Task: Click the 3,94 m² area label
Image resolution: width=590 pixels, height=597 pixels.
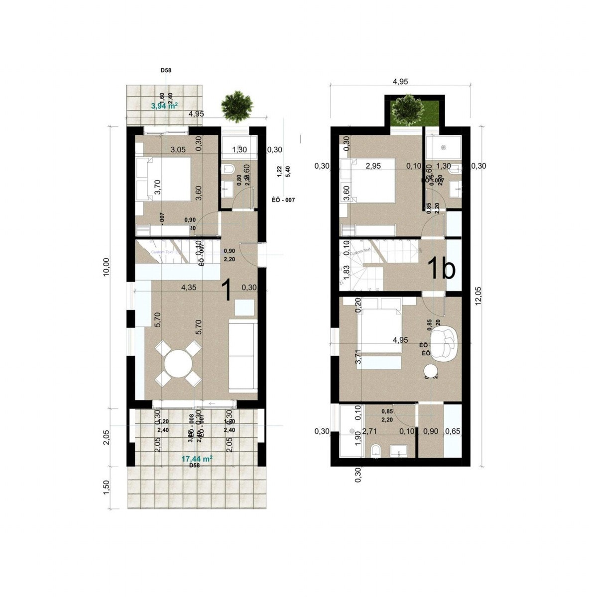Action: [x=164, y=105]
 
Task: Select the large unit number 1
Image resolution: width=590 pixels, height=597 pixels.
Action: [x=226, y=291]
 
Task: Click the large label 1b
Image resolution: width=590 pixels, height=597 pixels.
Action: [x=441, y=269]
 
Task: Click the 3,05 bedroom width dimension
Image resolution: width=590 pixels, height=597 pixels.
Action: [x=179, y=149]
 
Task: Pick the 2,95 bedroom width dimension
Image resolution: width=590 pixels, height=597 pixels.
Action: [x=374, y=166]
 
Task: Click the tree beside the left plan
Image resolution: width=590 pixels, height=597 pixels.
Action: [x=236, y=105]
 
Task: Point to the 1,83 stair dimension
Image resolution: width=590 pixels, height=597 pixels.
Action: [x=345, y=274]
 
